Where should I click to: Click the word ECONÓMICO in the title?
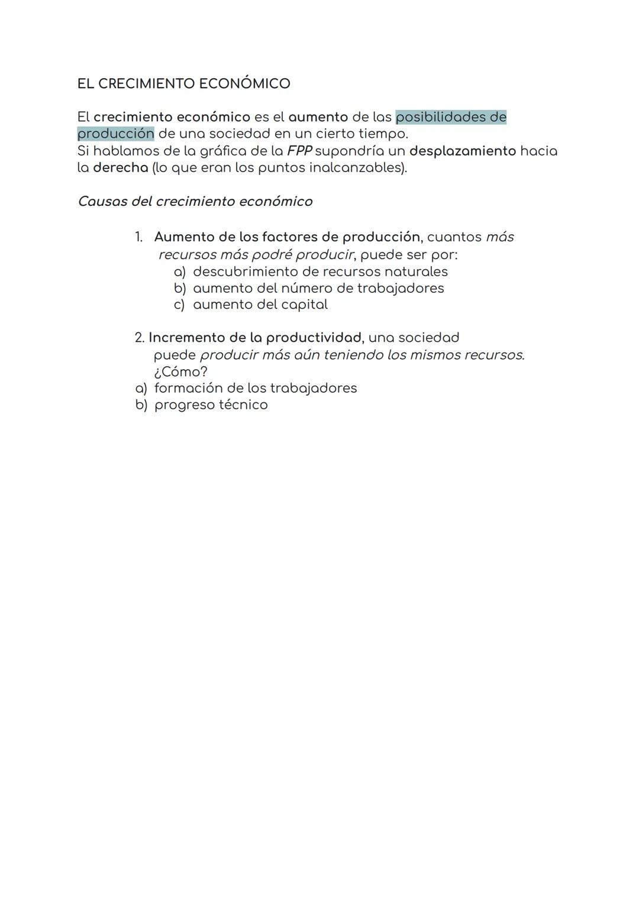coord(244,83)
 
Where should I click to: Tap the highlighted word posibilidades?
coord(441,117)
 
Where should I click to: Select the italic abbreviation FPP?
coord(299,151)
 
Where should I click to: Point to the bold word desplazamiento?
coord(462,151)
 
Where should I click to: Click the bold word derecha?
coord(120,167)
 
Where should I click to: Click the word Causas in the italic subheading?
coord(102,202)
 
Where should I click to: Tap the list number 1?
coord(138,237)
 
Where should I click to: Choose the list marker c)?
coord(179,305)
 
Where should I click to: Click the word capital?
coord(304,305)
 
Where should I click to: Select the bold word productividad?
coord(314,338)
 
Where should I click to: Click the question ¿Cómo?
coord(180,372)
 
